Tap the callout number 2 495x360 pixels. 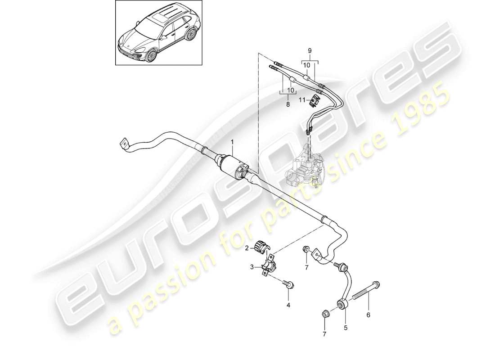247,247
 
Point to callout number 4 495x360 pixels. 288,305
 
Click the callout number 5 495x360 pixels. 346,328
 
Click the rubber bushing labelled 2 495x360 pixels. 261,247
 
